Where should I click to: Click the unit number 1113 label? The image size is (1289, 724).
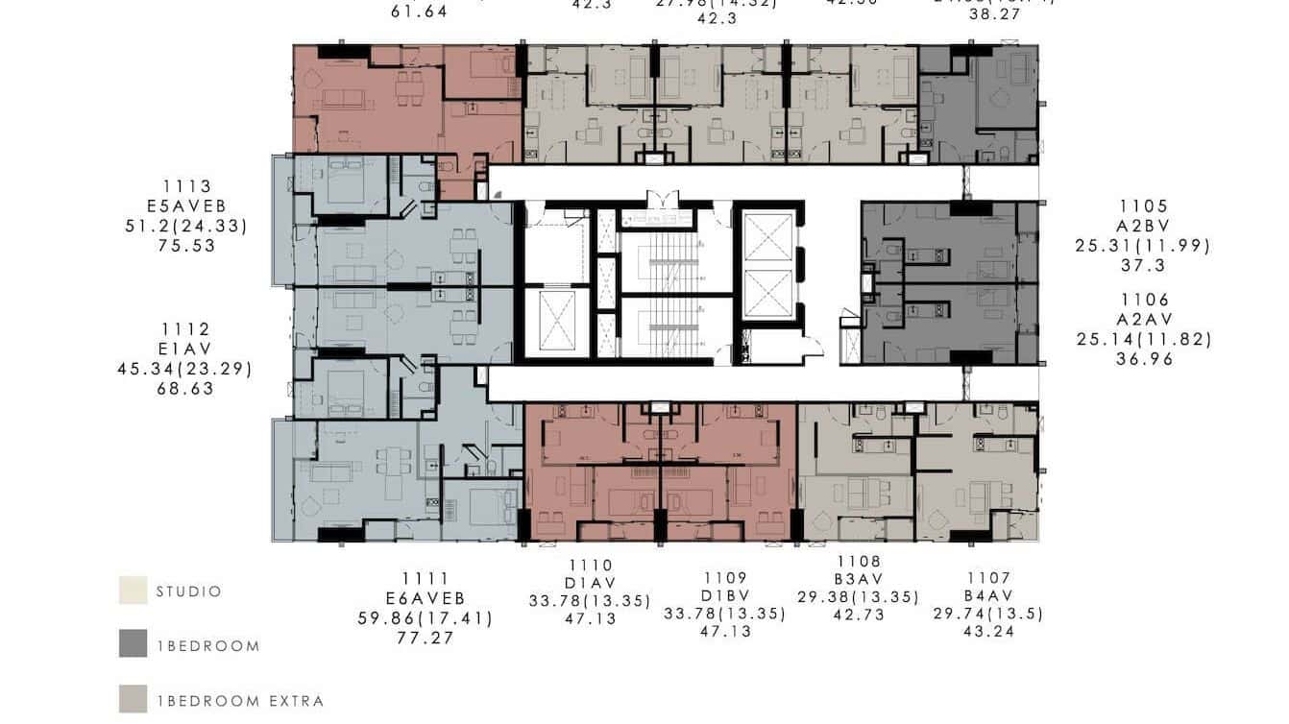[187, 186]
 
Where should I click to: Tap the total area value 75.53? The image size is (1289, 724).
[187, 246]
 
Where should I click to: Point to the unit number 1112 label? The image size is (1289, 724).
[185, 329]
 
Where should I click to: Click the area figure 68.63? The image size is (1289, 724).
[185, 389]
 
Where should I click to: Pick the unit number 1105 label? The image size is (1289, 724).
[1143, 206]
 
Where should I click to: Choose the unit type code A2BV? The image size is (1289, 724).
[1143, 226]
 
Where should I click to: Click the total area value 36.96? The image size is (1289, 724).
[1144, 359]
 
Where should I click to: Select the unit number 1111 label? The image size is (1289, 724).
[425, 578]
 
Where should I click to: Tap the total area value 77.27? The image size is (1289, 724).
[425, 638]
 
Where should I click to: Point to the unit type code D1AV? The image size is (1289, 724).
[590, 583]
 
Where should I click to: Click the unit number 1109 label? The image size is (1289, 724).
[725, 578]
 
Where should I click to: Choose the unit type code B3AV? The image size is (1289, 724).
[859, 579]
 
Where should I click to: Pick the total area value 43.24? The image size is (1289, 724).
[988, 632]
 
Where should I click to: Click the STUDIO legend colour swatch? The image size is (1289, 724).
[133, 591]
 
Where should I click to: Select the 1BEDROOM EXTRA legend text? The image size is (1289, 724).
[240, 701]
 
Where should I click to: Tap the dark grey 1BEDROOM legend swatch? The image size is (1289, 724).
[133, 644]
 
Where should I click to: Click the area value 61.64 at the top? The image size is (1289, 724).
[420, 12]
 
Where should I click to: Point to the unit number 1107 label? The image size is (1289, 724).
[988, 578]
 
